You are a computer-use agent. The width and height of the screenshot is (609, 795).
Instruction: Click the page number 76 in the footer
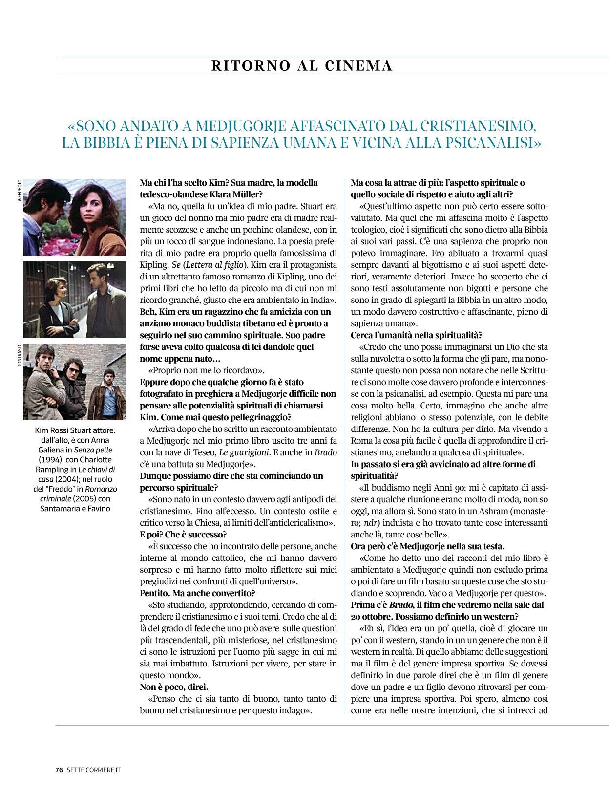(59, 770)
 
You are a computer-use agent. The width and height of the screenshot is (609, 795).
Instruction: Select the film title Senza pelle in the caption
(89, 450)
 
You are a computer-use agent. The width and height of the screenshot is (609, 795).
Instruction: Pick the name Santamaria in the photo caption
(59, 509)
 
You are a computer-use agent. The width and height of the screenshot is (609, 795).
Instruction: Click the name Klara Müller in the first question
(239, 194)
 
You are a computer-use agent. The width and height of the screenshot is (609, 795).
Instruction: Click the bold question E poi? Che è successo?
(183, 535)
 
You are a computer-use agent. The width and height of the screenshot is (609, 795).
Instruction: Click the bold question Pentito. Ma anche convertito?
(197, 593)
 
